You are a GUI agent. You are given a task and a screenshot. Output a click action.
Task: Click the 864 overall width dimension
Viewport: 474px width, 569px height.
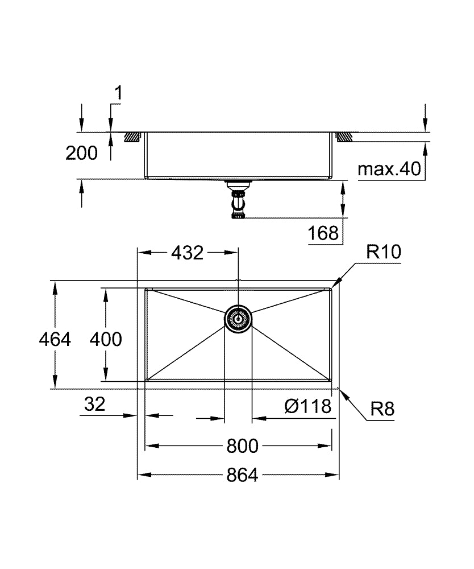pyautogui.click(x=242, y=475)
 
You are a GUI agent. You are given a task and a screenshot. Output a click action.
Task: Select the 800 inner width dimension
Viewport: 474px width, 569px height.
pyautogui.click(x=242, y=447)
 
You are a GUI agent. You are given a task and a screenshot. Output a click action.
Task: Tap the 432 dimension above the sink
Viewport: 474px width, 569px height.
pyautogui.click(x=187, y=252)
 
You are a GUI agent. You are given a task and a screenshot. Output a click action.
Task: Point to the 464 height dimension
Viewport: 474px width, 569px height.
pyautogui.click(x=55, y=339)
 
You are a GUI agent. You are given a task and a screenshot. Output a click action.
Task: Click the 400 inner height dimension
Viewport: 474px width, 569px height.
pyautogui.click(x=106, y=339)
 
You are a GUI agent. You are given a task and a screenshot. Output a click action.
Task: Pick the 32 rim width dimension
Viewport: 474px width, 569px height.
pyautogui.click(x=94, y=405)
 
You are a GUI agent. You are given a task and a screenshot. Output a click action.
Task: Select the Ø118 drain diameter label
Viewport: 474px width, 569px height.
pyautogui.click(x=307, y=406)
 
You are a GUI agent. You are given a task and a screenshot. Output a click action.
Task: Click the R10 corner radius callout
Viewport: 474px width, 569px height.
pyautogui.click(x=383, y=253)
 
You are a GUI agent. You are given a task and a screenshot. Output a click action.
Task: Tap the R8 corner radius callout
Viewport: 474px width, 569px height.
pyautogui.click(x=382, y=409)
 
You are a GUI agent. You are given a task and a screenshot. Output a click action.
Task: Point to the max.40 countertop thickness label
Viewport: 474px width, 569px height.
pyautogui.click(x=390, y=169)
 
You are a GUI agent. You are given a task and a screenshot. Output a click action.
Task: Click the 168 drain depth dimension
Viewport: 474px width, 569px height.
pyautogui.click(x=323, y=233)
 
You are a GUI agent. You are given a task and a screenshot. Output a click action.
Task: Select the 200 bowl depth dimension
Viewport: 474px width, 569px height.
pyautogui.click(x=81, y=152)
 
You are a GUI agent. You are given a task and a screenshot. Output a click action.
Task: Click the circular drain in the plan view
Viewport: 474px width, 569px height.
pyautogui.click(x=238, y=318)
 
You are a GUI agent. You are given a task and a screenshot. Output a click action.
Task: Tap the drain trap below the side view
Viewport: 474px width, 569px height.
pyautogui.click(x=238, y=200)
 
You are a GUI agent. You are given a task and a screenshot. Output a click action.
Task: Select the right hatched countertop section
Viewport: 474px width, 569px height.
pyautogui.click(x=344, y=137)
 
